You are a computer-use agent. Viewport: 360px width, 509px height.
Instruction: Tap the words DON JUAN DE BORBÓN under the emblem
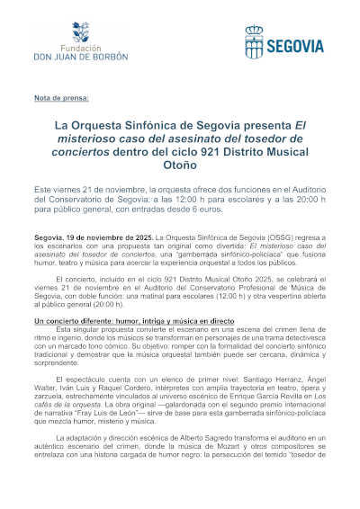click(79, 56)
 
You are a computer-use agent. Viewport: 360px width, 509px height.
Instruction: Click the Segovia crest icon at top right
click(254, 40)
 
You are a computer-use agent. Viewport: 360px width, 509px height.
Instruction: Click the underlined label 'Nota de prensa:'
click(55, 96)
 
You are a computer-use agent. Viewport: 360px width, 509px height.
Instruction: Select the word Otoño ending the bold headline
click(180, 166)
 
